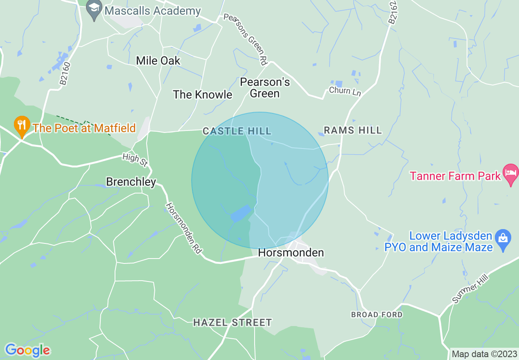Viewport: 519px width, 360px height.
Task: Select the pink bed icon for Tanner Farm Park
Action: point(510,174)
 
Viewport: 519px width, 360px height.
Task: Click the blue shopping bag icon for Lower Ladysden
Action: point(503,238)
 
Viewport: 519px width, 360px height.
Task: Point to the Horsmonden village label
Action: point(291,253)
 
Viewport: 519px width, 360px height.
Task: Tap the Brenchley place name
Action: point(131,182)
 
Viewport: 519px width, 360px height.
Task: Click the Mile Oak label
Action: point(158,61)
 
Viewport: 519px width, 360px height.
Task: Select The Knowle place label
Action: point(202,94)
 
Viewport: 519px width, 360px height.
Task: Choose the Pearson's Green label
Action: point(265,88)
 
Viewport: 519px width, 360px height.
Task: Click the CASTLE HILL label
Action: point(237,131)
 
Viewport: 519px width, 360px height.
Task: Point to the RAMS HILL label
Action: point(352,130)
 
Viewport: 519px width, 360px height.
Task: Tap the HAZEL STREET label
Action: point(232,323)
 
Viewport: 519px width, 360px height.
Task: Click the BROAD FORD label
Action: point(377,315)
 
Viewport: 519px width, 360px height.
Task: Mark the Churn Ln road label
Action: point(345,91)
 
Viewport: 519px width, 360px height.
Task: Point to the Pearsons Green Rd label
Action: point(245,39)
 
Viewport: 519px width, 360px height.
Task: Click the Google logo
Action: point(27,350)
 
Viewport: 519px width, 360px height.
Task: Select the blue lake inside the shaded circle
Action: point(240,213)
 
